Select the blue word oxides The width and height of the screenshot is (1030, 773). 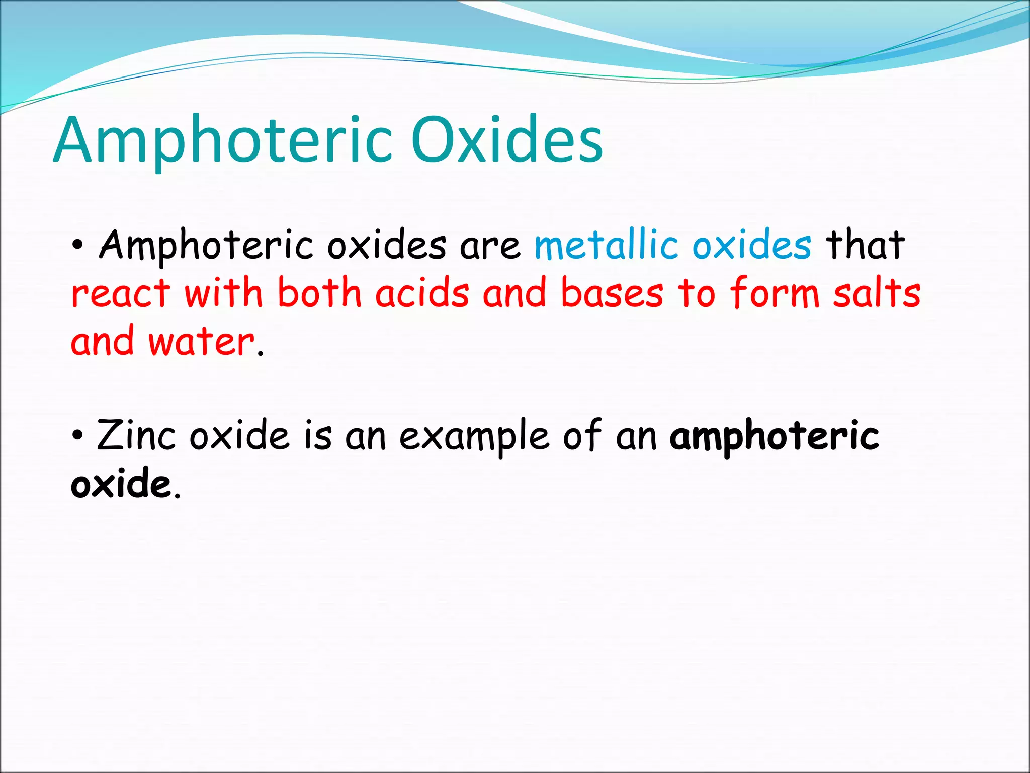tap(751, 245)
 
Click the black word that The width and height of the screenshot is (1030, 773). tap(865, 245)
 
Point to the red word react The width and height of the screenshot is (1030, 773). tap(121, 294)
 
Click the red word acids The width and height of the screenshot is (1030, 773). tap(422, 294)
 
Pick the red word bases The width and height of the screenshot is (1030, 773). tap(612, 294)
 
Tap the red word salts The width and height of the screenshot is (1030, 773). tap(876, 294)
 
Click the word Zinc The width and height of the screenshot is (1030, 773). tap(136, 436)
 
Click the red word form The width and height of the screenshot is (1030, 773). tap(775, 294)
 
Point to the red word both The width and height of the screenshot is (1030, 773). tap(319, 294)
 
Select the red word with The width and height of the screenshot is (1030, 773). tap(223, 294)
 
